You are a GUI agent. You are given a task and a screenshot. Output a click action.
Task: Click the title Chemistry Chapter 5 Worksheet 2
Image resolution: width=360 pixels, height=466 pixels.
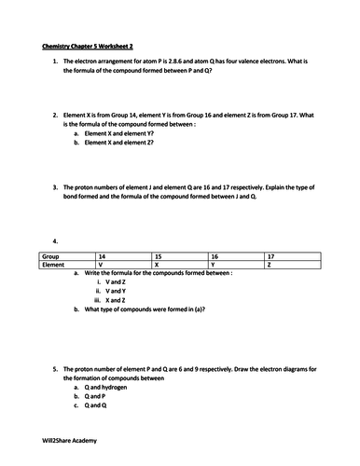pyautogui.click(x=86, y=45)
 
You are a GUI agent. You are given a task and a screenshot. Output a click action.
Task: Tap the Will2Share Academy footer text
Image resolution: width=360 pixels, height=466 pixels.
pyautogui.click(x=70, y=440)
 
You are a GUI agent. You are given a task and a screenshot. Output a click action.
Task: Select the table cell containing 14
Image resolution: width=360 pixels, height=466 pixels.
pyautogui.click(x=101, y=254)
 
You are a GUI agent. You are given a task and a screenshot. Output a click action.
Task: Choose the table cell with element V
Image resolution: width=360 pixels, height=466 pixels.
pyautogui.click(x=100, y=265)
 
